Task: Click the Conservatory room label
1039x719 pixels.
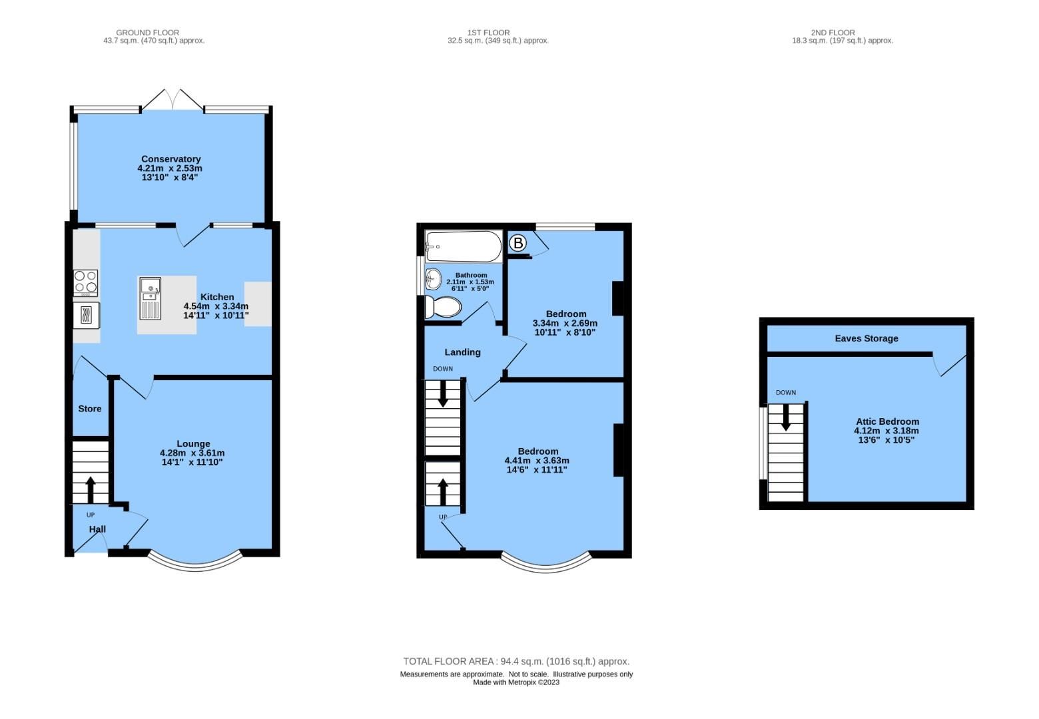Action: (171, 159)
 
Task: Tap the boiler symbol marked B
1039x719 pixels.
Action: (518, 244)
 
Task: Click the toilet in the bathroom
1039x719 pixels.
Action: (444, 308)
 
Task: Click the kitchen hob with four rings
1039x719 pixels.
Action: (85, 283)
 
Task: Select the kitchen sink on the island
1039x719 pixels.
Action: (150, 298)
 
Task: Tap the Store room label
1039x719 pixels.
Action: (90, 409)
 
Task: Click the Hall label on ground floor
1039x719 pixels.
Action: (97, 529)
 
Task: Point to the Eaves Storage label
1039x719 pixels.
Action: (866, 338)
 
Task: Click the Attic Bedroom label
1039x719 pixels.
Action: (887, 421)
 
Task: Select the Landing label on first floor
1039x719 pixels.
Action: (462, 352)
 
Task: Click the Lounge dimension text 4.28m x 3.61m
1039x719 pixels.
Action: (192, 453)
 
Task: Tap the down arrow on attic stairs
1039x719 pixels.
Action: (785, 419)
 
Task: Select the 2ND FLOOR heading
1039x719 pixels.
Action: (833, 32)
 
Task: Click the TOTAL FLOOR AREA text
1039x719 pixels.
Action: (516, 661)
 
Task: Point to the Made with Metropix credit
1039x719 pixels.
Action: (516, 682)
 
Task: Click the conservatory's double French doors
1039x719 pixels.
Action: (173, 101)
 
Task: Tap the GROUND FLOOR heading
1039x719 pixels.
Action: (147, 32)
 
